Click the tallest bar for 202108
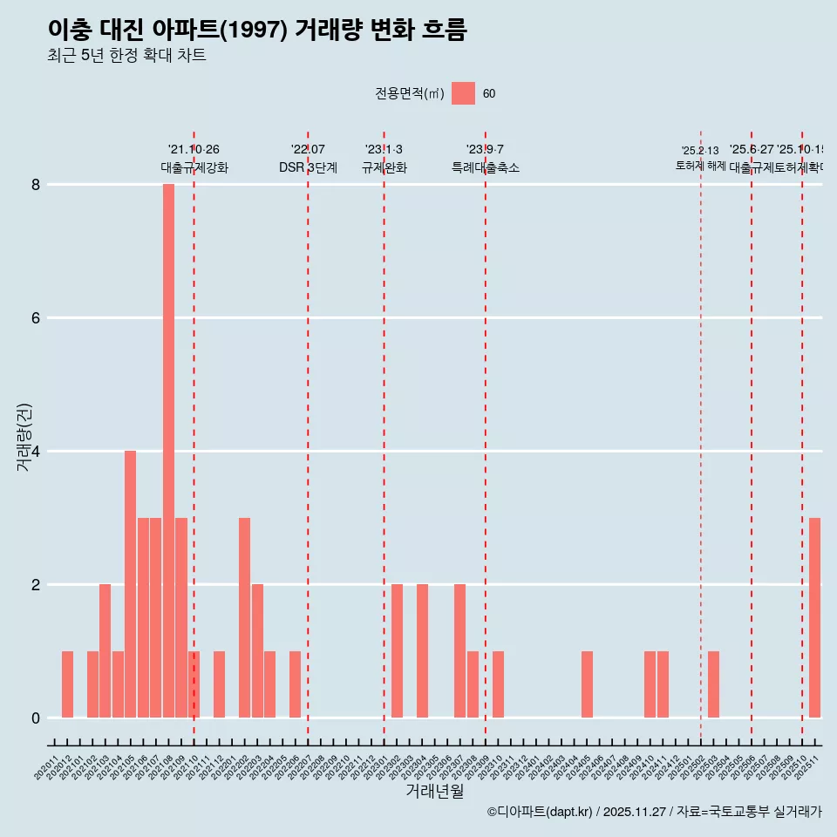[x=168, y=451]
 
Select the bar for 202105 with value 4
[x=130, y=584]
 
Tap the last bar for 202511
[x=814, y=617]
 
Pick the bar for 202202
[x=244, y=617]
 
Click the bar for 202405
[x=587, y=684]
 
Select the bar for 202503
[x=713, y=684]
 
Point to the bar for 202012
[x=67, y=684]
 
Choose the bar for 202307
[x=459, y=650]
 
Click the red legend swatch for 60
[x=463, y=93]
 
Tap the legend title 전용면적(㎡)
[x=409, y=94]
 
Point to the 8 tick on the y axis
[x=36, y=185]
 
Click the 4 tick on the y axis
[x=36, y=452]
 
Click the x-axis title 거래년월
[x=434, y=792]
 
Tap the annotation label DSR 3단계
[x=308, y=167]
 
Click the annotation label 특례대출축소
[x=485, y=167]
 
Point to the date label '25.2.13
[x=700, y=151]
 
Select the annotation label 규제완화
[x=384, y=167]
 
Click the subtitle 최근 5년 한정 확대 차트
[x=126, y=56]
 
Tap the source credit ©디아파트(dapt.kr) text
[x=540, y=812]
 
